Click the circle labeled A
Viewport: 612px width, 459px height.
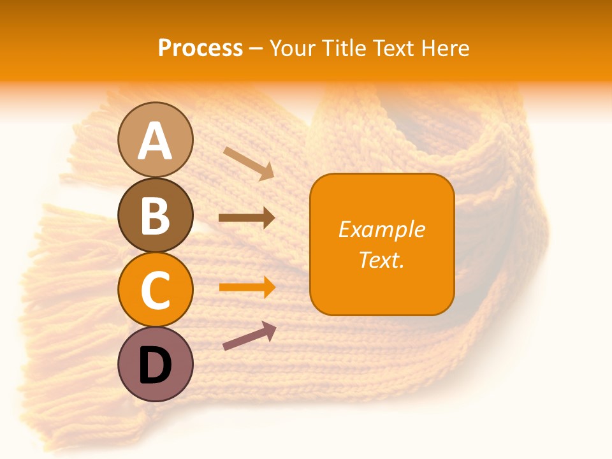[155, 140]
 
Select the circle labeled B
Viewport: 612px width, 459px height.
[155, 215]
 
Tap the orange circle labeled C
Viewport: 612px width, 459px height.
[155, 289]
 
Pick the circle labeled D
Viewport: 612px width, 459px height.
[155, 364]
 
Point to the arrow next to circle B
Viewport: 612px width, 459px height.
[247, 218]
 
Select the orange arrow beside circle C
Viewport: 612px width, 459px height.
[247, 287]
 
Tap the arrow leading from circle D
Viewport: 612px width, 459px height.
[249, 336]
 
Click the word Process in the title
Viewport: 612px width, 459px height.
[200, 48]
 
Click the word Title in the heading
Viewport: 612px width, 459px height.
[346, 48]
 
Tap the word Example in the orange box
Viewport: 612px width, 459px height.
[381, 229]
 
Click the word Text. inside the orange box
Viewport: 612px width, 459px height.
[381, 259]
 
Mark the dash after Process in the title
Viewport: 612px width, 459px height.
[256, 48]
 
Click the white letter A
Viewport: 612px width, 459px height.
[155, 141]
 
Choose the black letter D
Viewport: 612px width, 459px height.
[155, 365]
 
